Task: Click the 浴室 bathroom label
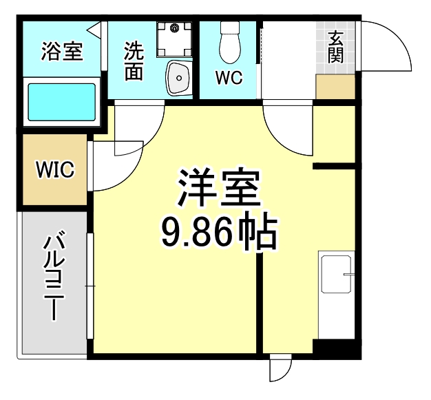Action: click(62, 51)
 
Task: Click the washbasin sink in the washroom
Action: click(179, 78)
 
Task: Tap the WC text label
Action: click(229, 78)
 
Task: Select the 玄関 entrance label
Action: click(335, 48)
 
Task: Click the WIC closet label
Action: click(55, 169)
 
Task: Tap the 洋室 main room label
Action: click(219, 187)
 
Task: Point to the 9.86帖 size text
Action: click(219, 232)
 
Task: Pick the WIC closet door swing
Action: click(114, 165)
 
